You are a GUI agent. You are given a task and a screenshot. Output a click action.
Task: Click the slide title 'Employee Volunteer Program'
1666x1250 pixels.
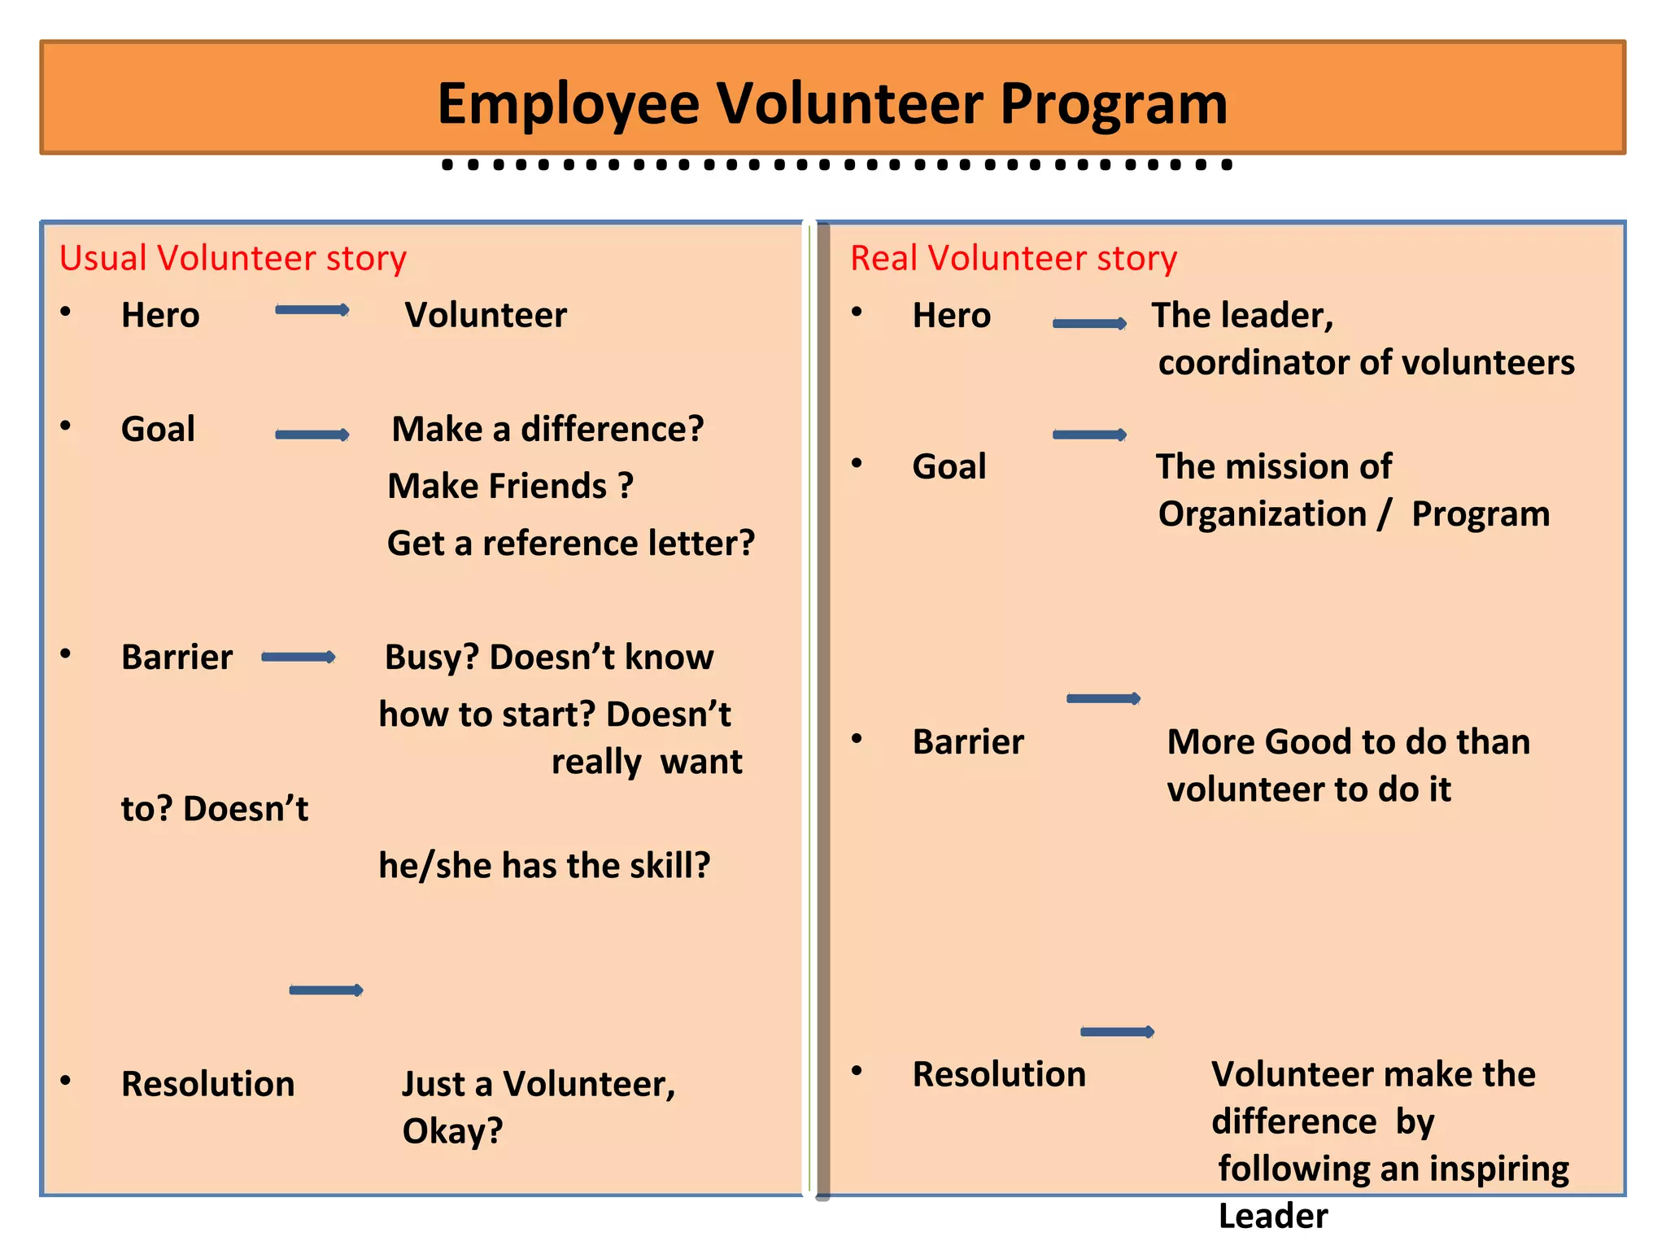point(832,103)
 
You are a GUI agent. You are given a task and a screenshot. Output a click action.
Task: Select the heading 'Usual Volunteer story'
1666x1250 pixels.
point(233,259)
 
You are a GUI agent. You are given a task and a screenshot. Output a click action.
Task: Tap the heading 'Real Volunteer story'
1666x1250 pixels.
point(1014,259)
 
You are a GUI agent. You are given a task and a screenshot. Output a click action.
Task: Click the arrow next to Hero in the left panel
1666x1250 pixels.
point(312,310)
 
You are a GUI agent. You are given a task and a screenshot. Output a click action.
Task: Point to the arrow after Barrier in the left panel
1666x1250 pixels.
point(299,658)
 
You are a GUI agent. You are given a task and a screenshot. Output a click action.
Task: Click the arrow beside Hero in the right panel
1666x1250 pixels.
point(1090,324)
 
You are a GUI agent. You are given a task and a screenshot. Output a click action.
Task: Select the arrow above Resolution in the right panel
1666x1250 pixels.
point(1117,1032)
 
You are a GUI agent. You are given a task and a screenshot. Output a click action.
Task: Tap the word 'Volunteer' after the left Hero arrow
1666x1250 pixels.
point(486,316)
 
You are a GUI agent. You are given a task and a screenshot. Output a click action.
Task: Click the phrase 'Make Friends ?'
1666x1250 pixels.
point(510,487)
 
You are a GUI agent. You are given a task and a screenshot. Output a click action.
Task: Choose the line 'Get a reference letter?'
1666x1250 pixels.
point(571,544)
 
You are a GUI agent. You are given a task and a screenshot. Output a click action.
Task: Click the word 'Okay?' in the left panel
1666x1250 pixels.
point(452,1131)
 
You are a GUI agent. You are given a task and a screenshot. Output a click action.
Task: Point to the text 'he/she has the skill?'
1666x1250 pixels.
point(544,866)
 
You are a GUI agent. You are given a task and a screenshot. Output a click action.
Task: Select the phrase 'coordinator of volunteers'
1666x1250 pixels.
point(1366,363)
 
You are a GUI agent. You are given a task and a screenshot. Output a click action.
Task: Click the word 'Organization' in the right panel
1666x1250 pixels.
point(1262,514)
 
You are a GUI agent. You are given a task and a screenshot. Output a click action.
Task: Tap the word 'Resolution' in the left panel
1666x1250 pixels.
point(207,1084)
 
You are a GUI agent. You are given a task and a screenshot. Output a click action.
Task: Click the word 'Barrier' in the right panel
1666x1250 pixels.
point(968,742)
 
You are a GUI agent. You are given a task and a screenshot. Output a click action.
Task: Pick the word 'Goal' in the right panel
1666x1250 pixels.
point(949,467)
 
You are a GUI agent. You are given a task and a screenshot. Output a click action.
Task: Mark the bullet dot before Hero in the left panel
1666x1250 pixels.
point(66,311)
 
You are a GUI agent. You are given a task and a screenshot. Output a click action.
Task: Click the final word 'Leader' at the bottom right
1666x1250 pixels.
point(1273,1216)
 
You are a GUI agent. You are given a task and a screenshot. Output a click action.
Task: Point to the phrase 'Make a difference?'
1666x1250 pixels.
point(547,430)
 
